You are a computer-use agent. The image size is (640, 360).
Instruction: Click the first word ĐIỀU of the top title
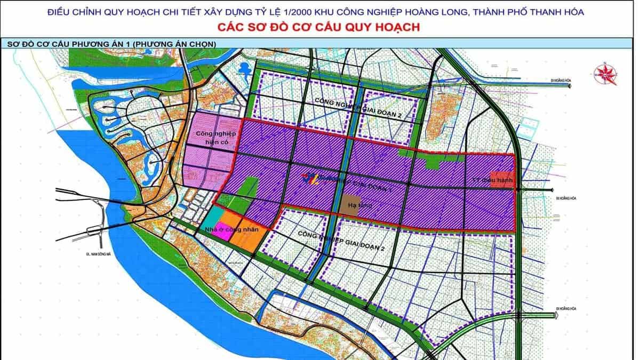(x=63, y=11)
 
